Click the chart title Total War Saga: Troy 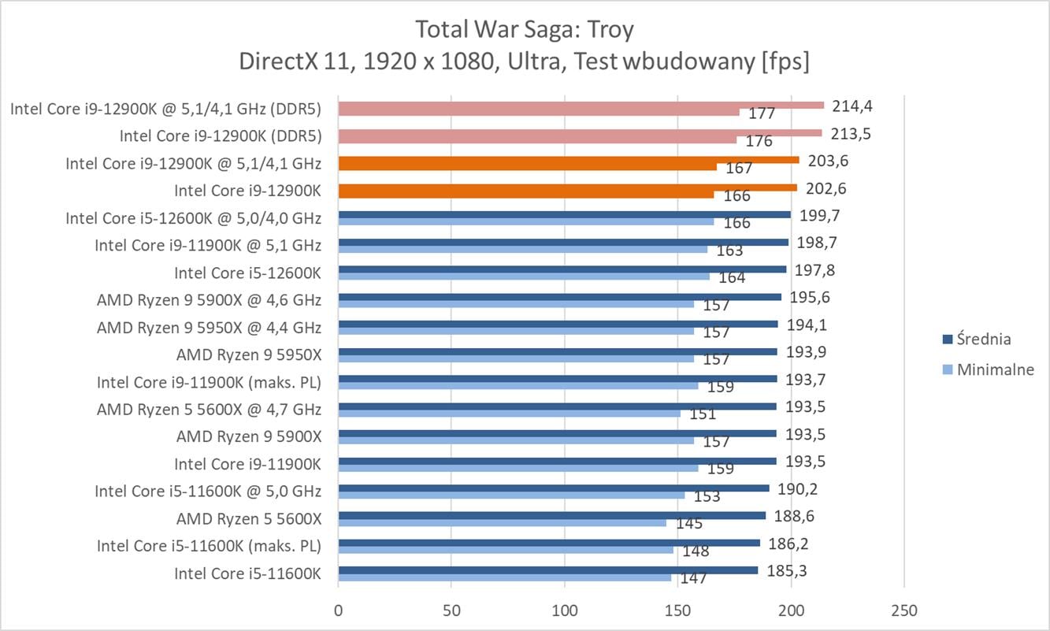525,29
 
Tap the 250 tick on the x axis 903,611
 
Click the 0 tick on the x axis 338,611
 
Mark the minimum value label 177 762,113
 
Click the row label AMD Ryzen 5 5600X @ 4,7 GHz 209,410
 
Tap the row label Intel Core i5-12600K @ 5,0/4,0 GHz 193,218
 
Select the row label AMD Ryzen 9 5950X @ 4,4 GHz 209,327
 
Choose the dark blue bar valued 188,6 551,515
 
